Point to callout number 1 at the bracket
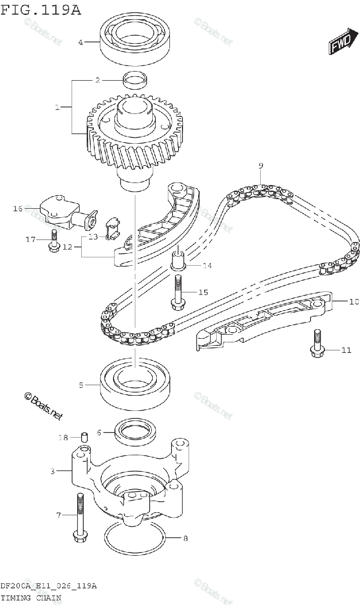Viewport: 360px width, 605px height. tap(57, 107)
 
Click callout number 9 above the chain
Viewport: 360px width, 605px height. tap(261, 166)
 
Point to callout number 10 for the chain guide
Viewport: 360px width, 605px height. tap(353, 302)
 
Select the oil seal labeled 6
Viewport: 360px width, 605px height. tap(134, 432)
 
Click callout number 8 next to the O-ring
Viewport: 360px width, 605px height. tap(185, 538)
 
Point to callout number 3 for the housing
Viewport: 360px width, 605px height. tap(52, 471)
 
